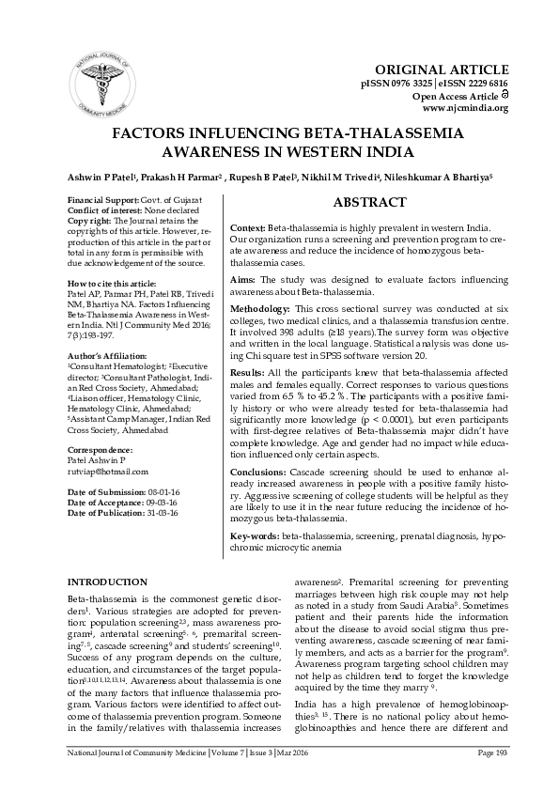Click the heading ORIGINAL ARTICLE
click(442, 70)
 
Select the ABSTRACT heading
click(370, 202)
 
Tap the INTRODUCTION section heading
click(107, 582)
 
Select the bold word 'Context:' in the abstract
click(248, 228)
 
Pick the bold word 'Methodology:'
click(260, 308)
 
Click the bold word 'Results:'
click(246, 373)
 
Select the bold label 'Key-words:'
click(255, 535)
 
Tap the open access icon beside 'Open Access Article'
click(505, 94)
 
